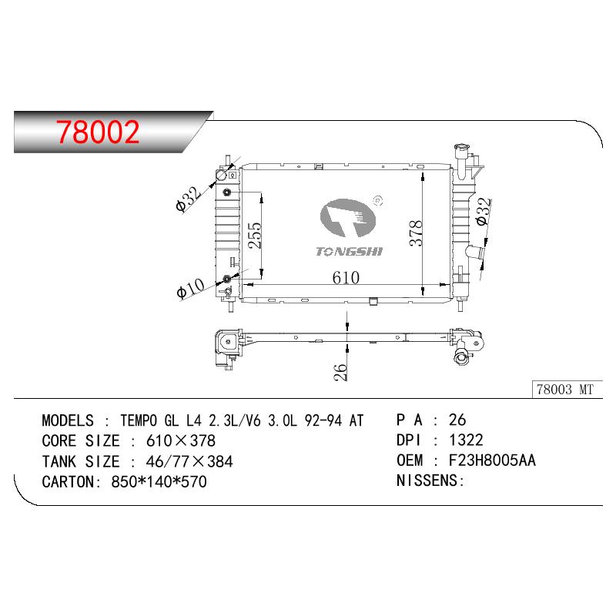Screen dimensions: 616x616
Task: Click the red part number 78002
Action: tap(98, 132)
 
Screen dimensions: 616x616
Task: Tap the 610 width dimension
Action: tap(346, 278)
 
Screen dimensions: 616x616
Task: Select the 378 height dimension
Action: tap(416, 233)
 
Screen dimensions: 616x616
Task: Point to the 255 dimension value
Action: tap(255, 235)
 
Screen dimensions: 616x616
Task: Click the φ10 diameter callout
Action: tap(190, 289)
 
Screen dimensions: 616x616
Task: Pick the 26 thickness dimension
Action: tap(340, 372)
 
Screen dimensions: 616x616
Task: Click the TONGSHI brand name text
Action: tap(350, 252)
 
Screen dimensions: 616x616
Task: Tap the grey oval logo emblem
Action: tap(347, 218)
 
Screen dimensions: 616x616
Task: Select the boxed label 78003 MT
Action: tap(565, 390)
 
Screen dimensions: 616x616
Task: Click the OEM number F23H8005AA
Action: tap(492, 460)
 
